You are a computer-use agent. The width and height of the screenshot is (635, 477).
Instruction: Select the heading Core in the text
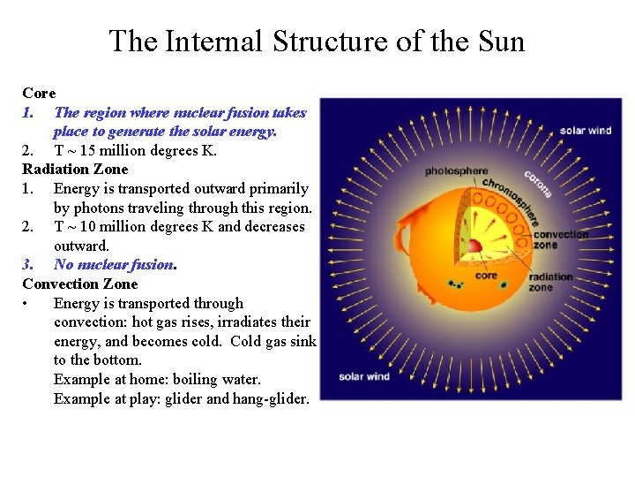39,93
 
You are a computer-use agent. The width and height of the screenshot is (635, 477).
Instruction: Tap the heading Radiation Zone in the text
75,169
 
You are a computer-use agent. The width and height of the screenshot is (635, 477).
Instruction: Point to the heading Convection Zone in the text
80,284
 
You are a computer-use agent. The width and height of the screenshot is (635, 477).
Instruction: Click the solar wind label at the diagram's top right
585,131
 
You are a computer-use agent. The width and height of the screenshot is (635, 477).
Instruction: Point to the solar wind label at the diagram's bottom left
364,377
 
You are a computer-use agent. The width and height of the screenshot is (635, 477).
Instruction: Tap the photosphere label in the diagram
456,170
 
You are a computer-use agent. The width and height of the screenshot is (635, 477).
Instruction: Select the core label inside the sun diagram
486,276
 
